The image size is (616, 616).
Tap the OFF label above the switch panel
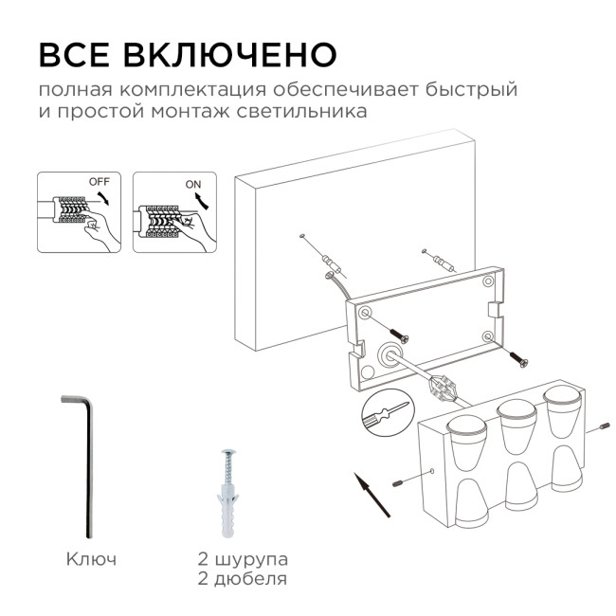pyautogui.click(x=99, y=180)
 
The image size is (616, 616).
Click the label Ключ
pyautogui.click(x=92, y=559)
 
